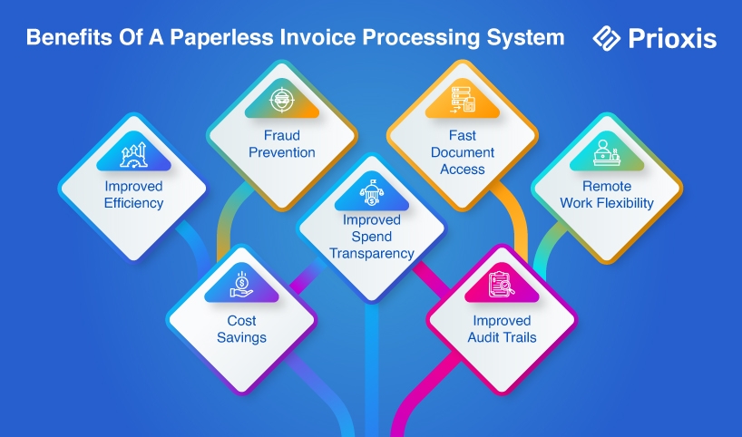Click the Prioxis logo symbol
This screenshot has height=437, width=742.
coord(606,37)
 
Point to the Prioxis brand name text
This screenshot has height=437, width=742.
coord(672,38)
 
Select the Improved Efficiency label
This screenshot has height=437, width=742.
coord(133,195)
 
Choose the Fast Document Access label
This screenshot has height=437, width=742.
coord(464,152)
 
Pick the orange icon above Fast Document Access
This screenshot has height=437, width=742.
coord(464,100)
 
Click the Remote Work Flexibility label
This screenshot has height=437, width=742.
coord(607,195)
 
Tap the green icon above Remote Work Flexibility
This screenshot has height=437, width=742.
coord(607,152)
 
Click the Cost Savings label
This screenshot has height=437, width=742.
coord(240,329)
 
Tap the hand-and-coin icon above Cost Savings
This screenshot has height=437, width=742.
coord(240,284)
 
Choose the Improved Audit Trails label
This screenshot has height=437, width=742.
coord(503,329)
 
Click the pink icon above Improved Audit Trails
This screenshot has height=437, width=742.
coord(502,284)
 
